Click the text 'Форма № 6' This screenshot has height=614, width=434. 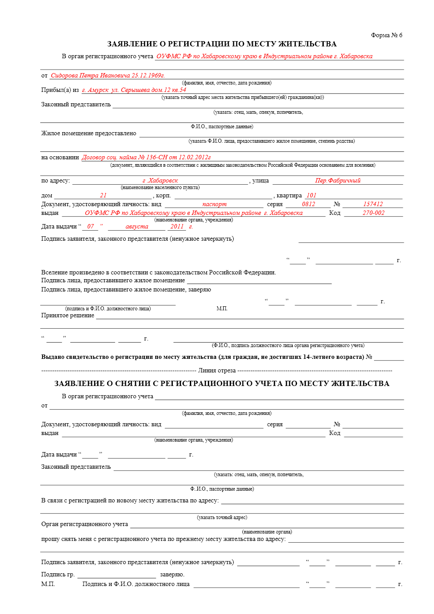click(386, 35)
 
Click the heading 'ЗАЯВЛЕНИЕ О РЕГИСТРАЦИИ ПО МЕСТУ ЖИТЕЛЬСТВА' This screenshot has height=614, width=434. click(222, 44)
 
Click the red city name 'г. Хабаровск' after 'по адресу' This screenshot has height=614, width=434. click(160, 180)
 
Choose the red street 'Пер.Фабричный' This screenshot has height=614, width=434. click(338, 180)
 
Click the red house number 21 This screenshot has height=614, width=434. click(103, 195)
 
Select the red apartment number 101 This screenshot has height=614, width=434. click(311, 195)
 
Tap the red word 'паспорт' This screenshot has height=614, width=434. click(214, 204)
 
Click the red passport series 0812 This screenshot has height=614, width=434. click(308, 204)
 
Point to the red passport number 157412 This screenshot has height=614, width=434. click(373, 204)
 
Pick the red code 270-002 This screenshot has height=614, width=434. click(373, 213)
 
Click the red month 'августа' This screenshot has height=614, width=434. click(136, 226)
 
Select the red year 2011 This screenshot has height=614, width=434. click(177, 226)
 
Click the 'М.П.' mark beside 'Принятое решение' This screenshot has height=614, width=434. click(222, 309)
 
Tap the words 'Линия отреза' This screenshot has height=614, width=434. click(217, 370)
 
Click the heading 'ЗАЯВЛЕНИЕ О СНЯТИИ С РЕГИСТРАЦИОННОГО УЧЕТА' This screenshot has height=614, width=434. click(221, 383)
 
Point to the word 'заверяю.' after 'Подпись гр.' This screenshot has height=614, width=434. click(172, 574)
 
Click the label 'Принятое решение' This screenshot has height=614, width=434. click(67, 315)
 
